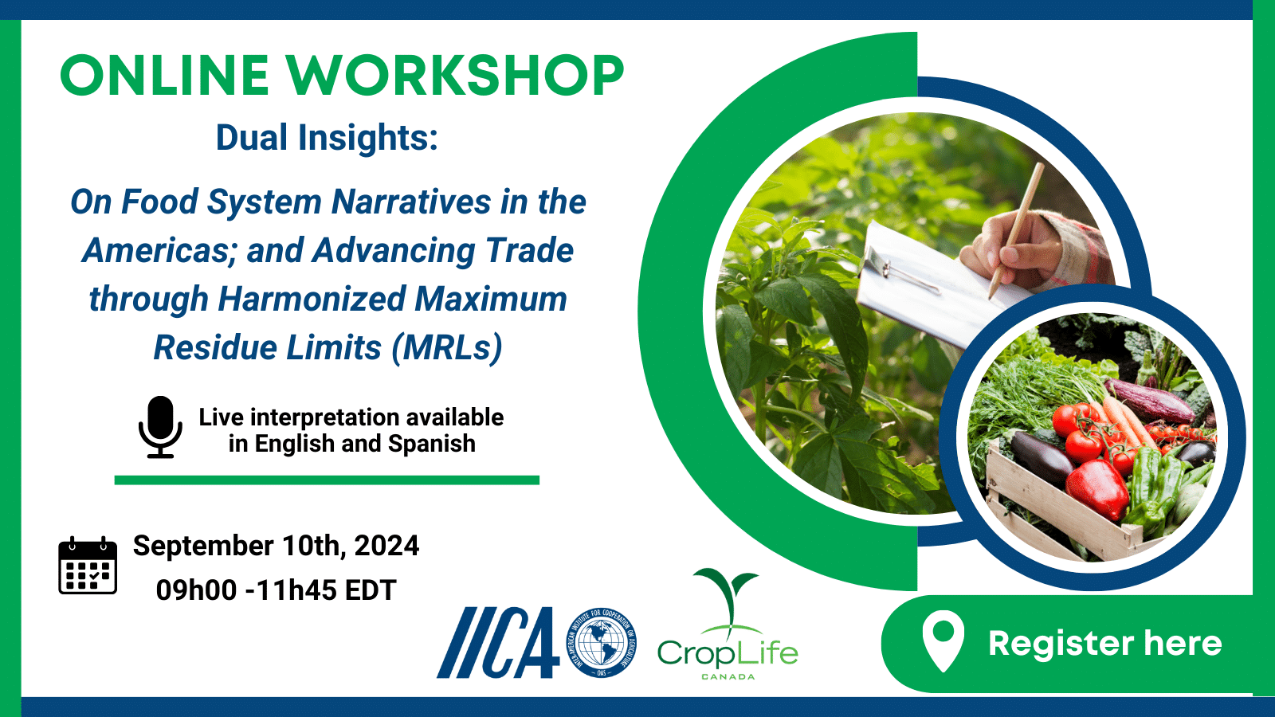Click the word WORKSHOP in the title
[454, 75]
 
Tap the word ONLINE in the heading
[164, 75]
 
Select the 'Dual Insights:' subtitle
[327, 138]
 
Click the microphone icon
[160, 427]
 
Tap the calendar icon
[88, 565]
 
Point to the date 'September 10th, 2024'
[276, 545]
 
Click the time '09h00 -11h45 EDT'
[276, 590]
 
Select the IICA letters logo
[498, 643]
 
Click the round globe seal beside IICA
[601, 642]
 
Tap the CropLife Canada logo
[728, 625]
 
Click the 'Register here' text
[1104, 644]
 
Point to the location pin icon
[943, 641]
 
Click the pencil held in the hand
[1017, 230]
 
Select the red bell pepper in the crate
[1096, 490]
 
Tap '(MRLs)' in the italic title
[447, 347]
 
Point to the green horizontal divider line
[327, 480]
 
